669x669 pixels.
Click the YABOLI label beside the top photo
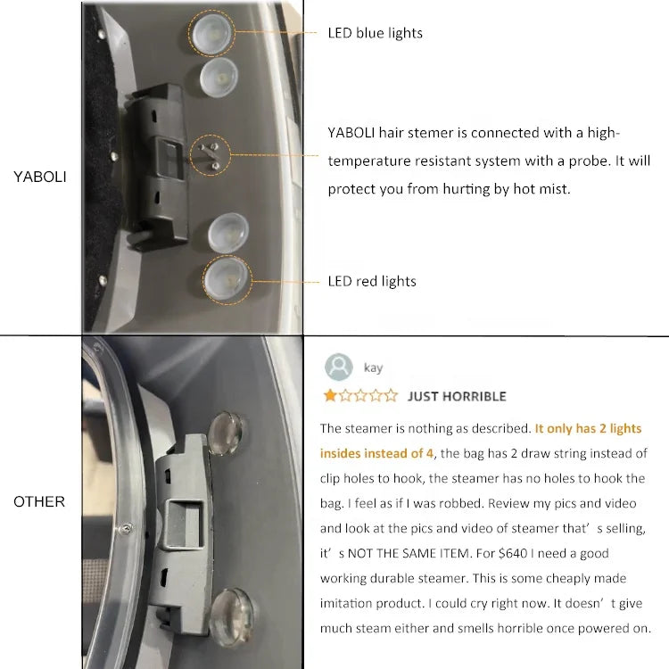tap(39, 177)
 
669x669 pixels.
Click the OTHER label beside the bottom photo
tap(39, 501)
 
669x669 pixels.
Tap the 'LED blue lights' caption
tap(376, 33)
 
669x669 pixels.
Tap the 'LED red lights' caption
tap(372, 281)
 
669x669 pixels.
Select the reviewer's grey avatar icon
tap(339, 368)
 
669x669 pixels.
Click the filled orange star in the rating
tap(330, 395)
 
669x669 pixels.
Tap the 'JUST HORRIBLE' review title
tap(457, 396)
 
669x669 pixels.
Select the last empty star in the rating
tap(392, 395)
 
